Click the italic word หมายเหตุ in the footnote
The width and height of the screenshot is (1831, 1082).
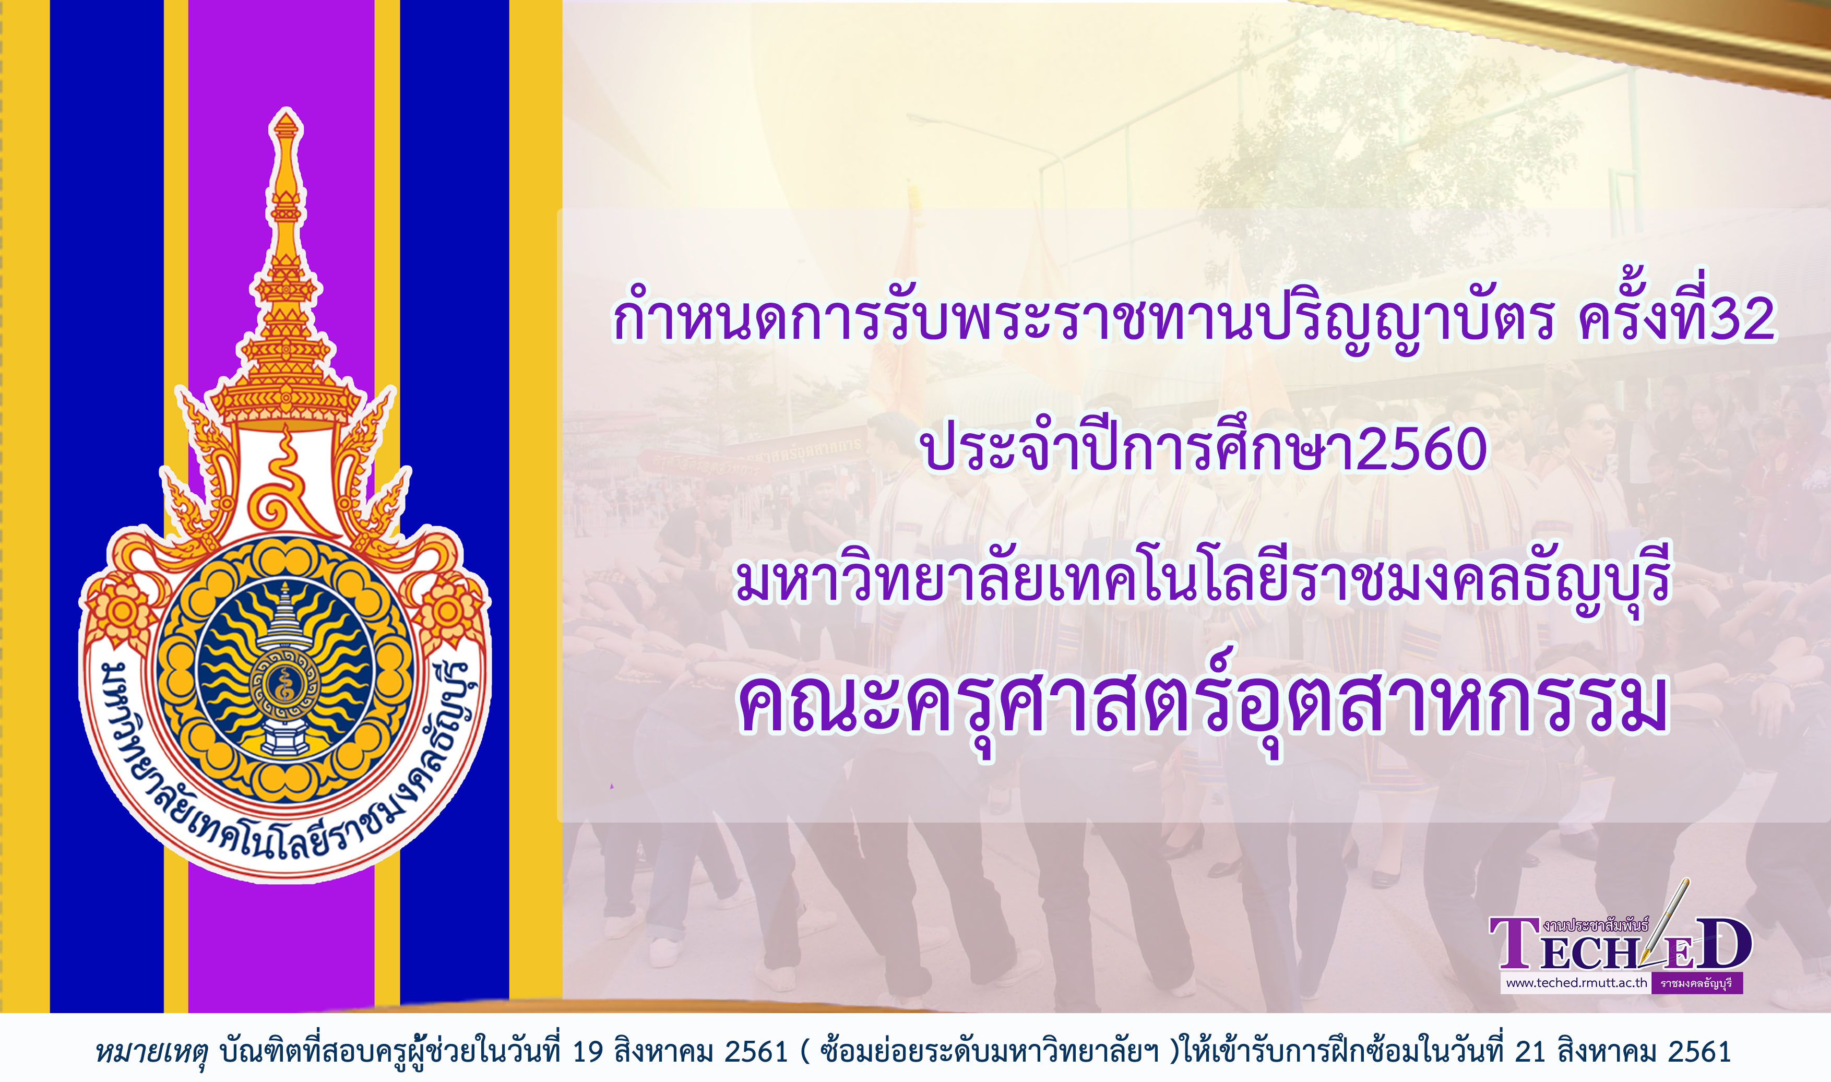click(151, 1051)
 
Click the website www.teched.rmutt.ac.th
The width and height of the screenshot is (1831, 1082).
click(1576, 983)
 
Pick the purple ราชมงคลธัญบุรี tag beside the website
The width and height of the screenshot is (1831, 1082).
click(1696, 983)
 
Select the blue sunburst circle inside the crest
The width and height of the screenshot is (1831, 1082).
click(285, 669)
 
